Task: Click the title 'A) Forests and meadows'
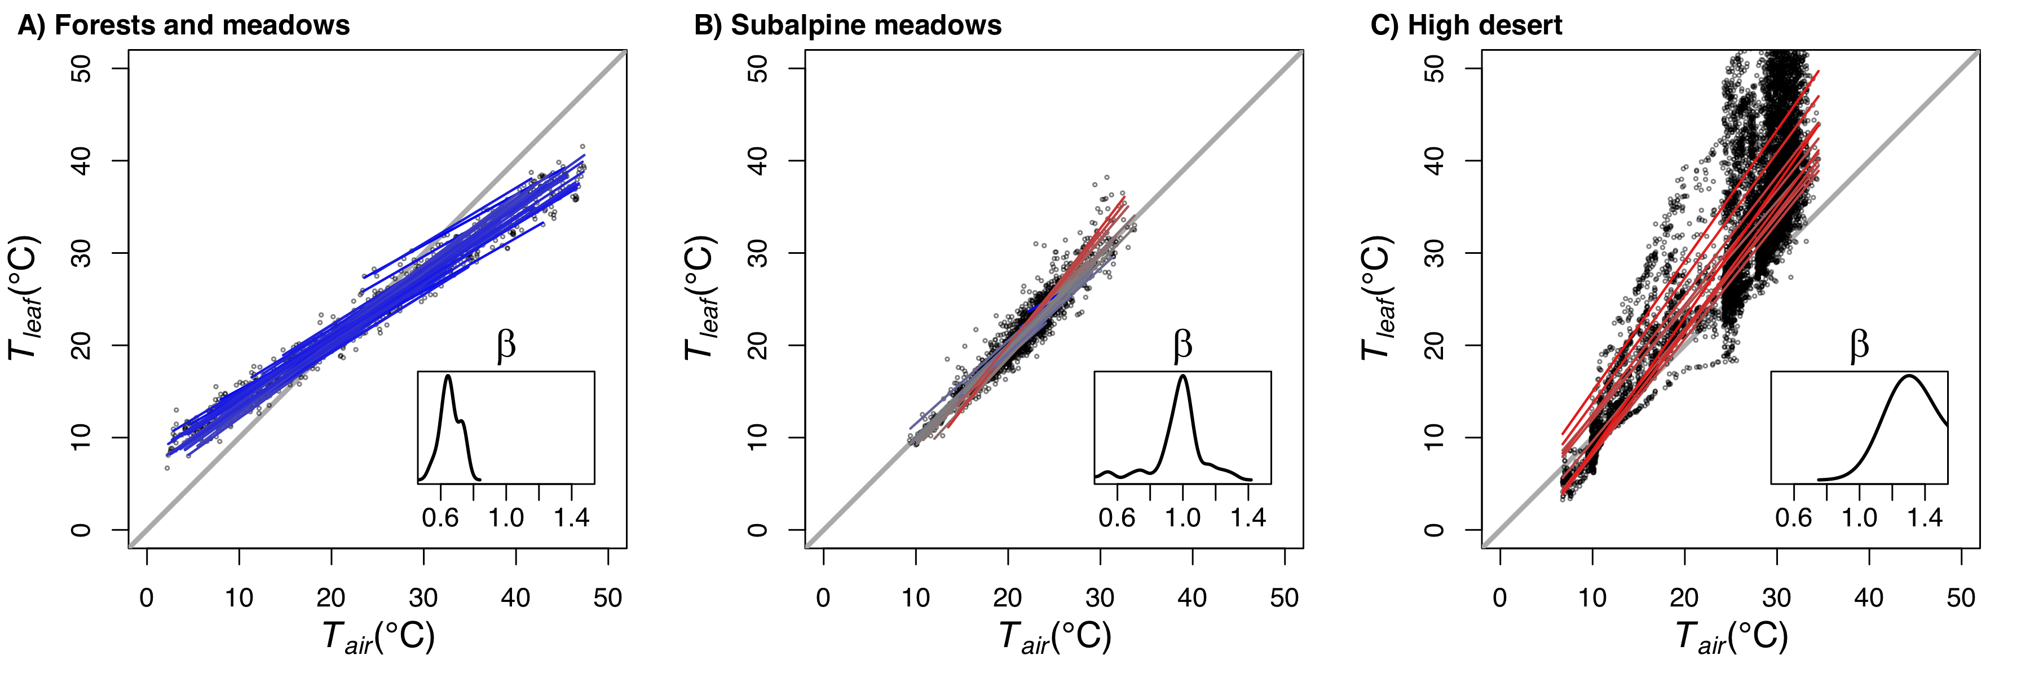click(x=184, y=25)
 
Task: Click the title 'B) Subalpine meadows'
click(x=847, y=25)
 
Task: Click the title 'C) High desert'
click(x=1466, y=25)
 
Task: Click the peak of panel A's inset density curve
click(x=448, y=376)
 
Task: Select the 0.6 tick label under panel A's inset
click(x=440, y=518)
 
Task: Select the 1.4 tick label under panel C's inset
click(x=1925, y=518)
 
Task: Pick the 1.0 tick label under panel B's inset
click(x=1182, y=518)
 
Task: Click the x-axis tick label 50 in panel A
click(x=607, y=597)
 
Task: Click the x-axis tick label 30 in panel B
click(x=1100, y=597)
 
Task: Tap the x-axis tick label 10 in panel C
click(x=1592, y=597)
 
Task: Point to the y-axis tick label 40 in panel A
click(x=81, y=161)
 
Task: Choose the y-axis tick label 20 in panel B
click(x=757, y=345)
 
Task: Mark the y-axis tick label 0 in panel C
click(x=1434, y=530)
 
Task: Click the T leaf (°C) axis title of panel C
click(x=1378, y=298)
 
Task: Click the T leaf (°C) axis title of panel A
click(x=24, y=298)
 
